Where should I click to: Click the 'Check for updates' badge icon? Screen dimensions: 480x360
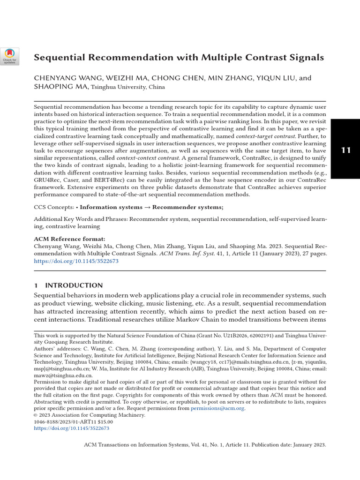(10, 56)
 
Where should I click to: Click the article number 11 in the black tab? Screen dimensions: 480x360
(346, 150)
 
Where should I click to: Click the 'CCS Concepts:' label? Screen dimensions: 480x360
(54, 207)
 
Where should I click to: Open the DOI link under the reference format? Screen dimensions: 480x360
(76, 261)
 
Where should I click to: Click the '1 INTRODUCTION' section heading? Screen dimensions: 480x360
(68, 285)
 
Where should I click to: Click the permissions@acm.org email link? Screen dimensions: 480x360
(217, 408)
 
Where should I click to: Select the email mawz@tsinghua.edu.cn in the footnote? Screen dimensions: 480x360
(63, 375)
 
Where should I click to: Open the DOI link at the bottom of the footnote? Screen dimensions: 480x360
(72, 428)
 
